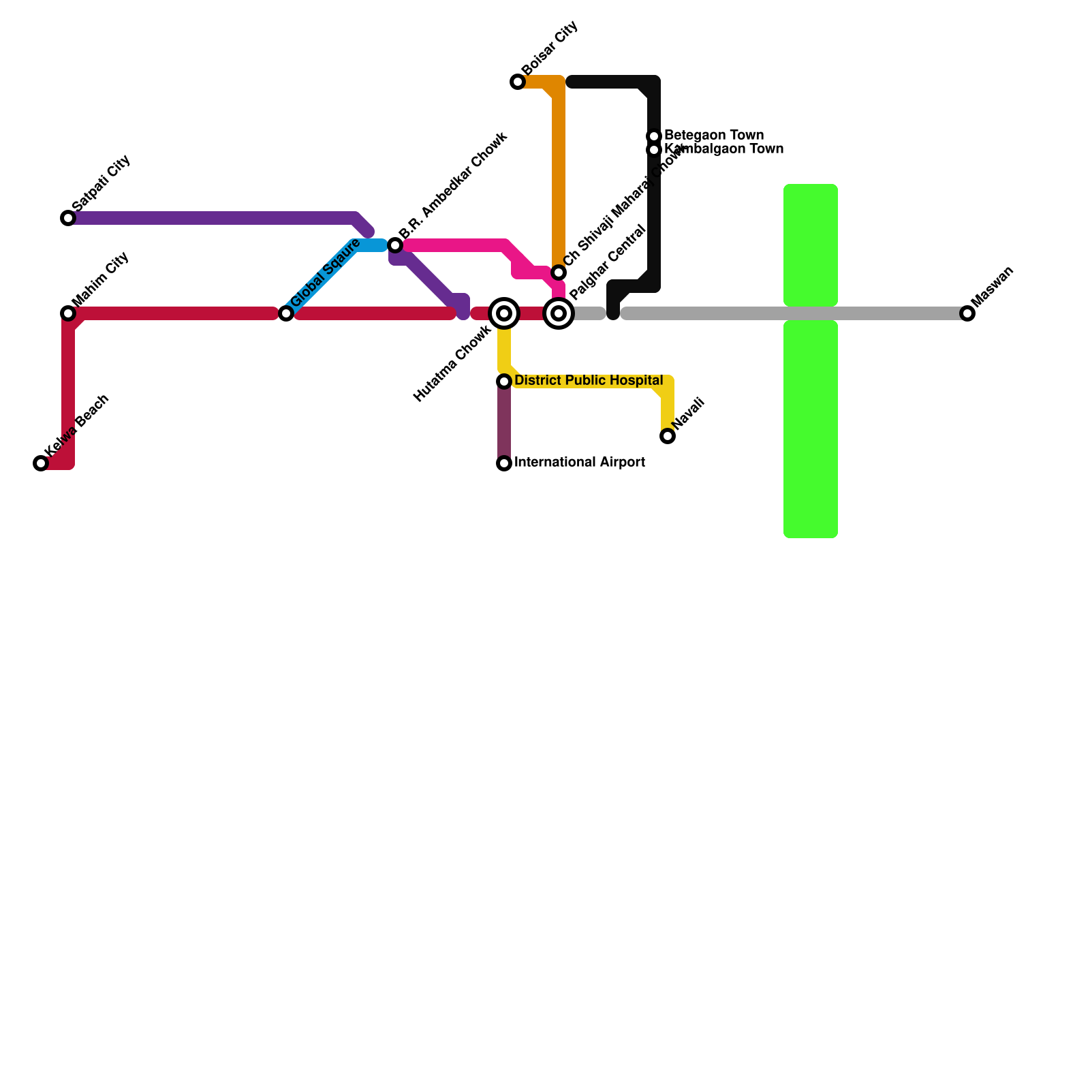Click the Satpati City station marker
tap(68, 218)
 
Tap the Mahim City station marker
tap(68, 313)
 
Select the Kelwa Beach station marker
tap(41, 463)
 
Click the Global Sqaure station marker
tap(286, 313)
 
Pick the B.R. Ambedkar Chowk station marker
tap(395, 245)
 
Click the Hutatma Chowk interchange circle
tap(504, 313)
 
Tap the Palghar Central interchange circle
tap(559, 313)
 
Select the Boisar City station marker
tap(518, 82)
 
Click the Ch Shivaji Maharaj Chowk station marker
tap(559, 272)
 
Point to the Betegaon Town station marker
tap(654, 136)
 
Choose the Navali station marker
tap(668, 436)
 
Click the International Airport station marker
tap(504, 463)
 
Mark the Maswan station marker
tap(967, 313)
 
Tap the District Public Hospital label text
tap(589, 380)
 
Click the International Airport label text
tap(579, 463)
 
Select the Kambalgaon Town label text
tap(723, 149)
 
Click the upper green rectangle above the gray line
tap(811, 245)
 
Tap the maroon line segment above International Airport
tap(504, 422)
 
